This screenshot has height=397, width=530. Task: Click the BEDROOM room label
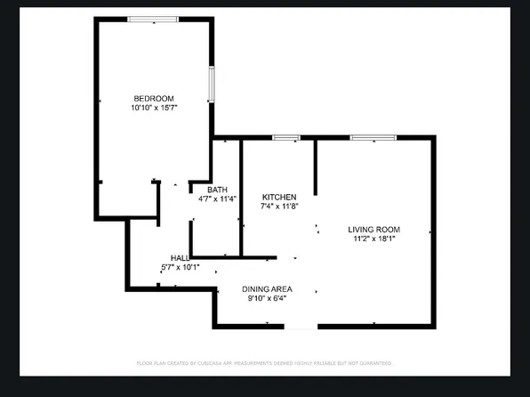click(154, 98)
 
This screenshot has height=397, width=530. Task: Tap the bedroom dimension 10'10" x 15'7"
click(154, 107)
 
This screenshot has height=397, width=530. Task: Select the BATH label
click(217, 190)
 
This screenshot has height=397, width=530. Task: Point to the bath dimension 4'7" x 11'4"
click(217, 198)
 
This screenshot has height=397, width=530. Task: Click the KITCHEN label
click(278, 197)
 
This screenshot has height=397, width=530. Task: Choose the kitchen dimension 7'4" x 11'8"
click(278, 206)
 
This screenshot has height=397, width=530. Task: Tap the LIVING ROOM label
click(372, 230)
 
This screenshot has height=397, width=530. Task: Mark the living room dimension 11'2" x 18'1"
click(372, 239)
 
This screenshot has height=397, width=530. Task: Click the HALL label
click(180, 257)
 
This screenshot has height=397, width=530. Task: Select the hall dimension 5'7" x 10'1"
click(180, 266)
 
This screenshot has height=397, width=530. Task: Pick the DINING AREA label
click(268, 289)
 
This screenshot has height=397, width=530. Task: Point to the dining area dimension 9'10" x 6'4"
click(268, 298)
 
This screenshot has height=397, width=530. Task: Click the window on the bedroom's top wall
click(153, 19)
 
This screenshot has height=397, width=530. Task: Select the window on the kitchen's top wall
click(285, 137)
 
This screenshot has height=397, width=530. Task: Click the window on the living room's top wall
click(373, 137)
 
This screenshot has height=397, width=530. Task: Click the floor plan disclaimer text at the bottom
click(265, 363)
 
